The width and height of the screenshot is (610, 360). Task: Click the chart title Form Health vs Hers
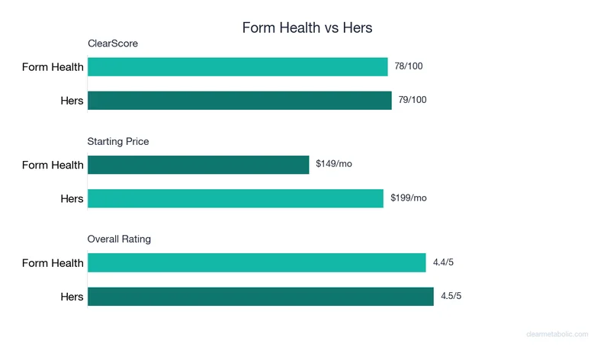(307, 27)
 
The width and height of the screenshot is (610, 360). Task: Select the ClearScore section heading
(112, 43)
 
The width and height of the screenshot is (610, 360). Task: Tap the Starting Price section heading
(118, 141)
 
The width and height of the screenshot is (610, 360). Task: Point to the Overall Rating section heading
(119, 239)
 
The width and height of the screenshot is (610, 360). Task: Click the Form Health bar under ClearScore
(238, 67)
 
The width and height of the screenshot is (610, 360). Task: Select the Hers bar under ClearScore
(239, 101)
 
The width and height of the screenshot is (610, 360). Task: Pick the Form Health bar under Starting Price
(198, 165)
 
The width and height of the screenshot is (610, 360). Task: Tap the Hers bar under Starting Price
(236, 198)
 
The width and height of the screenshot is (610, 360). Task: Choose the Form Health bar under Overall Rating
(257, 263)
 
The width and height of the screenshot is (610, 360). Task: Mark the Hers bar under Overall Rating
(261, 297)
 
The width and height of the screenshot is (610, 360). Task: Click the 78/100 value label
(409, 66)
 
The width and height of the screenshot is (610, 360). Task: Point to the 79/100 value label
(413, 100)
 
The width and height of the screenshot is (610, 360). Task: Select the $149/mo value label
(334, 164)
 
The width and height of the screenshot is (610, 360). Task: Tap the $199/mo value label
(409, 198)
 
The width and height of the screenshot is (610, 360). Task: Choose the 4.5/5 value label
(451, 296)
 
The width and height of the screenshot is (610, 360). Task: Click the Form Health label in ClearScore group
(53, 67)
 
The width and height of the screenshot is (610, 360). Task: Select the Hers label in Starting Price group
(72, 199)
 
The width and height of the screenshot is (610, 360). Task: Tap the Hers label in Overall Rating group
(72, 297)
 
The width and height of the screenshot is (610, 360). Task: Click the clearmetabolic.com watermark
(558, 334)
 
